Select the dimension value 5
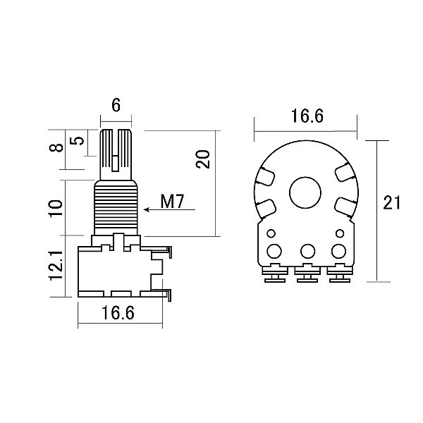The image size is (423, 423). (x=80, y=140)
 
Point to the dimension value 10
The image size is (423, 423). (x=57, y=207)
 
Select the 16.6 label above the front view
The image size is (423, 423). (x=306, y=117)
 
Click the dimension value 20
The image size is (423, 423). (x=203, y=159)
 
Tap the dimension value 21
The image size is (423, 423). (x=391, y=204)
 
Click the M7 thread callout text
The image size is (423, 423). (x=172, y=202)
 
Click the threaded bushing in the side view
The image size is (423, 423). (x=117, y=206)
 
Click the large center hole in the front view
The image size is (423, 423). (x=306, y=191)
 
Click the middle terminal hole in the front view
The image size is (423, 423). (x=307, y=250)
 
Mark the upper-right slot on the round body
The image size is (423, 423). (x=344, y=171)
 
